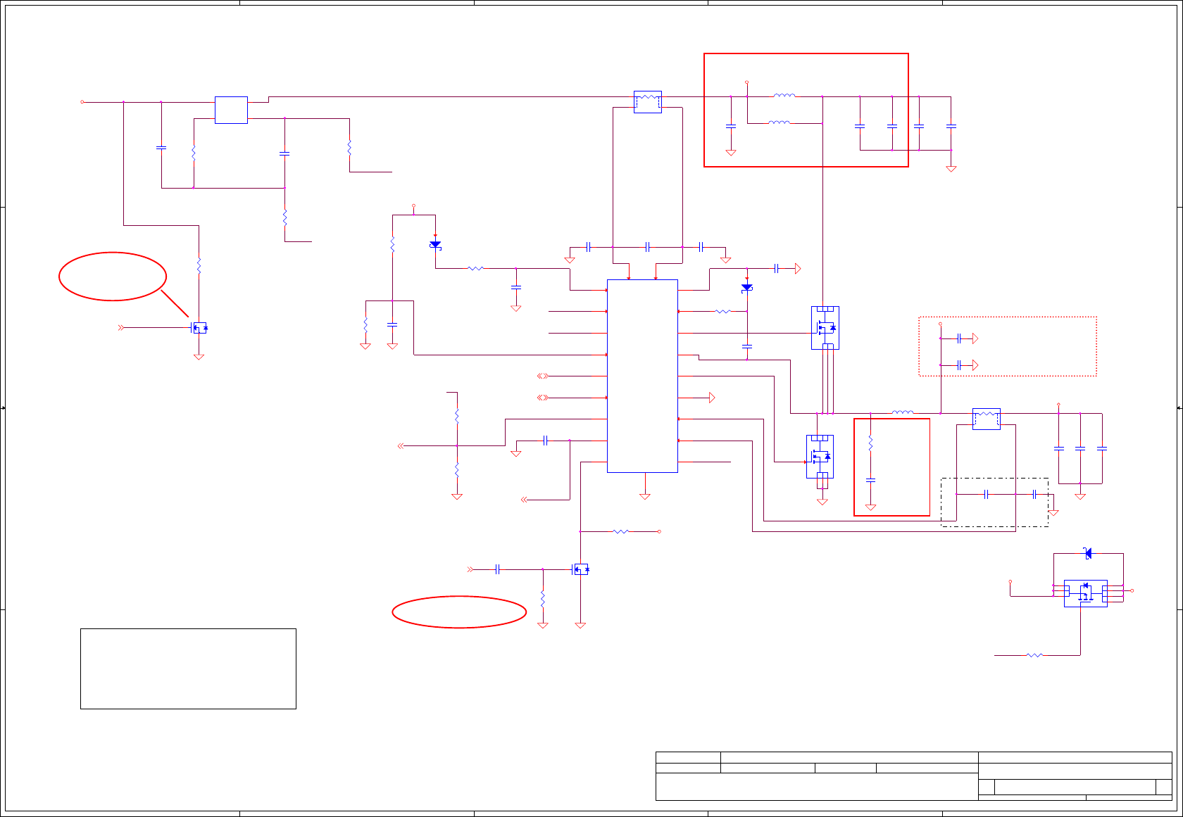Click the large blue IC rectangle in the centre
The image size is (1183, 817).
[x=642, y=376]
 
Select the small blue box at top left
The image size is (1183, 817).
[x=231, y=110]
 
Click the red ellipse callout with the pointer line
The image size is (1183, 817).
[x=113, y=276]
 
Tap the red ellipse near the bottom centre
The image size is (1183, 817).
[x=459, y=612]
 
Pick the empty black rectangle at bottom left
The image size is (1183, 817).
[x=188, y=669]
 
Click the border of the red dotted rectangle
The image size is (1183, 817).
[x=1007, y=317]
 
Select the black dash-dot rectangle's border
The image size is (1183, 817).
[x=994, y=479]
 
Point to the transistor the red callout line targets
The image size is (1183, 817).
[x=200, y=328]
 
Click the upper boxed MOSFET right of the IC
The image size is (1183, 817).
[x=825, y=328]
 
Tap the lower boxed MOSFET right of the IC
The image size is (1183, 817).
[x=820, y=457]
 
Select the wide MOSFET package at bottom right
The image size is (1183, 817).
[x=1085, y=593]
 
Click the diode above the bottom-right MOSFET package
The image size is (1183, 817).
[x=1088, y=554]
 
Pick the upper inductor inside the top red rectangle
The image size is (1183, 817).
[x=784, y=96]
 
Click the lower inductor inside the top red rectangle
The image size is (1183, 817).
[x=779, y=122]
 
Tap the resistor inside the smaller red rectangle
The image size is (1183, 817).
[x=870, y=443]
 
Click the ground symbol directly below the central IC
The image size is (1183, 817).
[x=644, y=496]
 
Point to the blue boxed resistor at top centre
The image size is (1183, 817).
[x=647, y=101]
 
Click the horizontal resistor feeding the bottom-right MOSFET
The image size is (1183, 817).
[x=1034, y=655]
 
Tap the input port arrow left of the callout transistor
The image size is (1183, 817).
[x=121, y=328]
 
